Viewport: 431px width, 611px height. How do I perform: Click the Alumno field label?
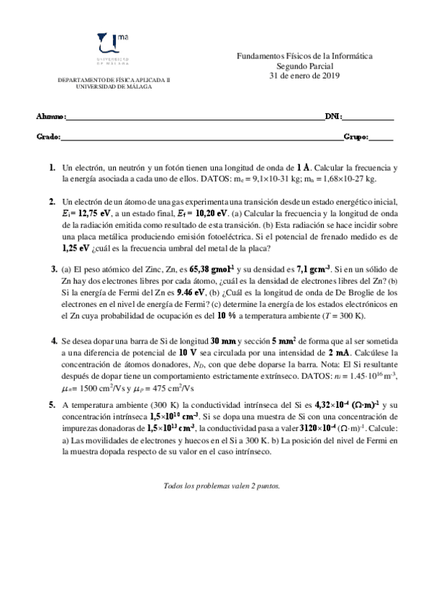coord(50,117)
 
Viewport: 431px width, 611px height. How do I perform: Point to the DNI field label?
coord(334,117)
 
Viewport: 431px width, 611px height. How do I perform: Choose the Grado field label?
coord(47,136)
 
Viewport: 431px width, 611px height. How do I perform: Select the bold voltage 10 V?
coord(189,352)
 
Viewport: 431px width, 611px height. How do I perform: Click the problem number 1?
coord(52,167)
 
